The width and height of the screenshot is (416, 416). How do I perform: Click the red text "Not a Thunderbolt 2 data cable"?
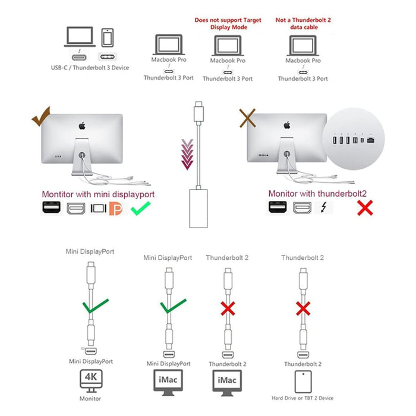303,24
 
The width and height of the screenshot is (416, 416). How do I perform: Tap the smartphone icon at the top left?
108,38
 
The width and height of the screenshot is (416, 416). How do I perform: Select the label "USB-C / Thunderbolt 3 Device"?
89,68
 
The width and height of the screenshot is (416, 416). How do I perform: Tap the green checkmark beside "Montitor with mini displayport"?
141,209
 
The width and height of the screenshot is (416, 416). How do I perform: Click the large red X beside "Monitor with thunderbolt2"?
364,208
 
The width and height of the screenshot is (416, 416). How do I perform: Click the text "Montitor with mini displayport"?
96,194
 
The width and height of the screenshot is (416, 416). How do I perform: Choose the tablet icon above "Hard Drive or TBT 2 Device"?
302,380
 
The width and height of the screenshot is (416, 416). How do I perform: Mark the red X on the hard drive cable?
303,308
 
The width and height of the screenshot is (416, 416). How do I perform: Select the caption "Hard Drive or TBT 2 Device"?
303,398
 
